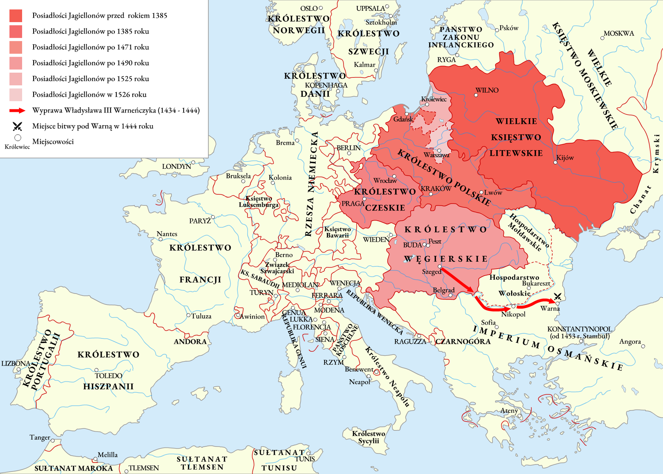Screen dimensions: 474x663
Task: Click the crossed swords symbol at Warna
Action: click(x=557, y=296)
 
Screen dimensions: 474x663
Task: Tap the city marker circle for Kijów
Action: click(x=555, y=162)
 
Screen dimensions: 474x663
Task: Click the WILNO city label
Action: click(x=487, y=90)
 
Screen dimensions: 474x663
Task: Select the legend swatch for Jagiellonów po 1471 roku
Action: click(x=16, y=47)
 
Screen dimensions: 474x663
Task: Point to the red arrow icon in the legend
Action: click(x=17, y=111)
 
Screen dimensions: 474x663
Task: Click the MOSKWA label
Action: click(x=619, y=34)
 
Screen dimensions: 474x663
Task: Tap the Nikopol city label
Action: click(x=513, y=314)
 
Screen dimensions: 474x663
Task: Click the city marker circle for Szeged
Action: click(x=440, y=267)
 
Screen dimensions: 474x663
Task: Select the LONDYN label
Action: click(x=176, y=166)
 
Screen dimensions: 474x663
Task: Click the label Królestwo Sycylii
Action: click(x=368, y=437)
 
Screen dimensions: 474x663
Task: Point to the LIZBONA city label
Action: click(x=16, y=363)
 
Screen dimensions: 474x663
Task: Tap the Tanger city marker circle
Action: click(x=53, y=440)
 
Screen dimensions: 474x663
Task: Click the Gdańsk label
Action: click(x=403, y=119)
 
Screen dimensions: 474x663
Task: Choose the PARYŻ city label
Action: click(x=200, y=221)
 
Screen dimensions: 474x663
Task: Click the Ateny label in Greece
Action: click(x=509, y=411)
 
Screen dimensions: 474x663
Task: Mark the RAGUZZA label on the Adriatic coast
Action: click(x=410, y=342)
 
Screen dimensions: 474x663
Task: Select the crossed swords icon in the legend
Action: click(x=17, y=126)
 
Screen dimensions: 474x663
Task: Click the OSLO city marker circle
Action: click(x=321, y=8)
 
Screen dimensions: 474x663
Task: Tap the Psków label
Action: click(x=509, y=28)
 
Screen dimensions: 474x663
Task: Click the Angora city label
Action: click(x=630, y=342)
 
